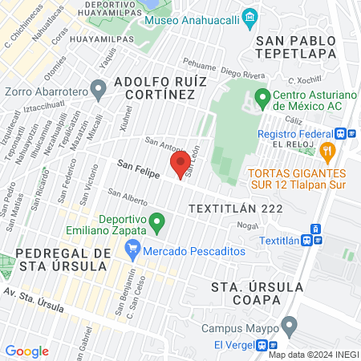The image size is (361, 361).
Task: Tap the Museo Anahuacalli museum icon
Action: [x=250, y=17]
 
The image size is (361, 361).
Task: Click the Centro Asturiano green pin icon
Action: [x=262, y=99]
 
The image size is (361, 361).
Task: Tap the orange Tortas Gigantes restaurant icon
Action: [x=327, y=150]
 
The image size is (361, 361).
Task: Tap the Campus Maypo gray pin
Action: [x=290, y=325]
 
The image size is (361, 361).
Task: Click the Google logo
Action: [x=27, y=351]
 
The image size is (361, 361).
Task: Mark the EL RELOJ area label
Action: [x=290, y=144]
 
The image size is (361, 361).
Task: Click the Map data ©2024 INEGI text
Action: [x=313, y=355]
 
